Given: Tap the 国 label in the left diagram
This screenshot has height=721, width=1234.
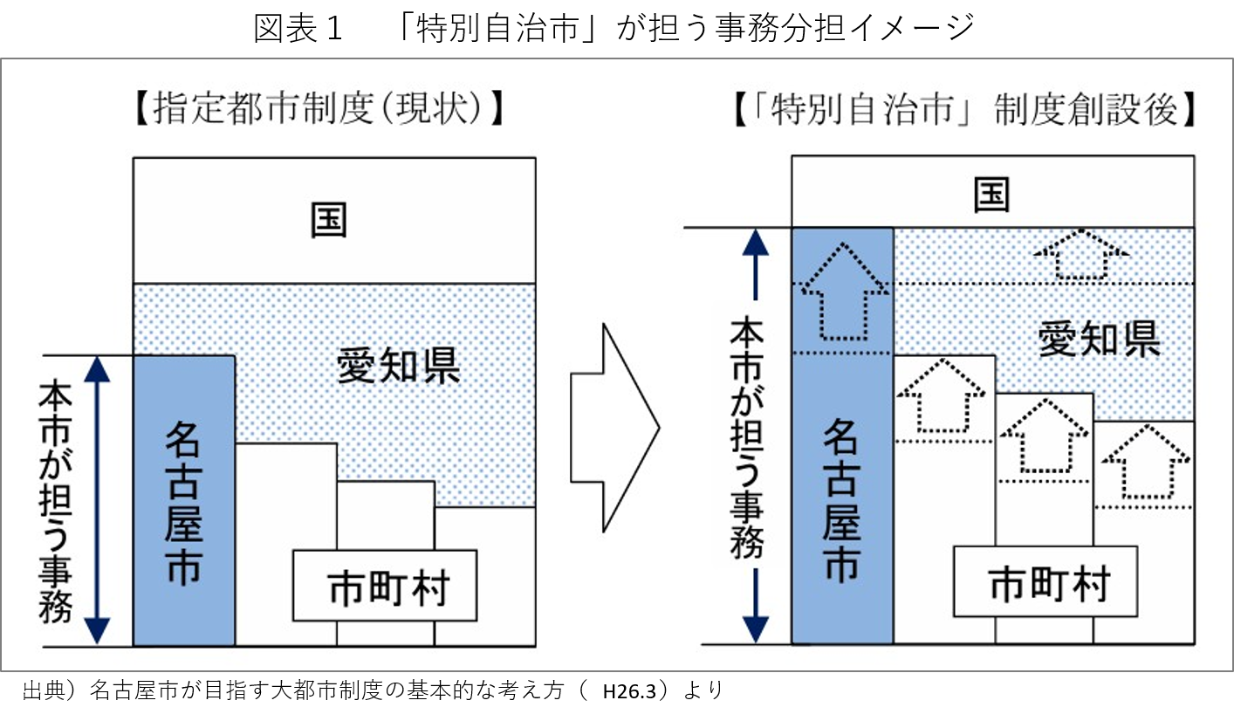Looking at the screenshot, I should tap(329, 220).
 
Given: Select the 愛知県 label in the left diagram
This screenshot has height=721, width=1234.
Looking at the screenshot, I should tap(398, 367).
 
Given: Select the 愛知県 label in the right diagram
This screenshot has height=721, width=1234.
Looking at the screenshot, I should tap(1099, 339).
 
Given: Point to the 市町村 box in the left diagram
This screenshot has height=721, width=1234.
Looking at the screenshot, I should tap(385, 586).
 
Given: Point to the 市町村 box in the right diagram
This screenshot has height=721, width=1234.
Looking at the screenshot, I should tap(1045, 581).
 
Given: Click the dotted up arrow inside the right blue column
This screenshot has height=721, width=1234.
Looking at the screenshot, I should tap(842, 292).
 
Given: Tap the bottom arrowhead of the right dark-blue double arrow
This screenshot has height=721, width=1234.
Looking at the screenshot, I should tap(756, 629).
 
